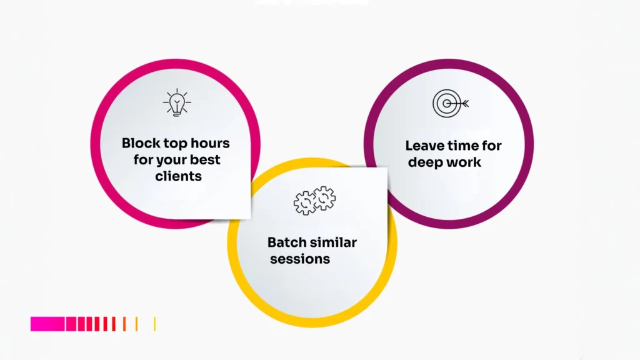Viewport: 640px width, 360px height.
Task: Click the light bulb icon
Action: tap(177, 102)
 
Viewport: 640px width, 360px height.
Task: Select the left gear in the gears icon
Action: tap(304, 203)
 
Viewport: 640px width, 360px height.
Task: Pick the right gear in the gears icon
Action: tap(324, 198)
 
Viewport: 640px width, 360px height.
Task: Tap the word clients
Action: tap(178, 176)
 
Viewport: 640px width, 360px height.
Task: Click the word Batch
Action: tap(286, 242)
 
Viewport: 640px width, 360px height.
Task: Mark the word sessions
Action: tap(300, 259)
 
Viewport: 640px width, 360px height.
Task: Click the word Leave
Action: tap(423, 146)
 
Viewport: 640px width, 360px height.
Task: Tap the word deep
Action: tap(425, 162)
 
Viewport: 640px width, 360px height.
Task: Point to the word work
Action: tap(463, 162)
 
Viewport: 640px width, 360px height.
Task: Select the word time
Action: tap(461, 146)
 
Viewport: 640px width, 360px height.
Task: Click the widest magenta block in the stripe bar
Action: tap(47, 324)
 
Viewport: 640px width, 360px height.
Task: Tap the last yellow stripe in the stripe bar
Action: tap(155, 324)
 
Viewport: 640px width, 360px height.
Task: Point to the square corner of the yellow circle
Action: tap(386, 168)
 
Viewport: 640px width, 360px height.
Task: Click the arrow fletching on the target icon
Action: tap(466, 104)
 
